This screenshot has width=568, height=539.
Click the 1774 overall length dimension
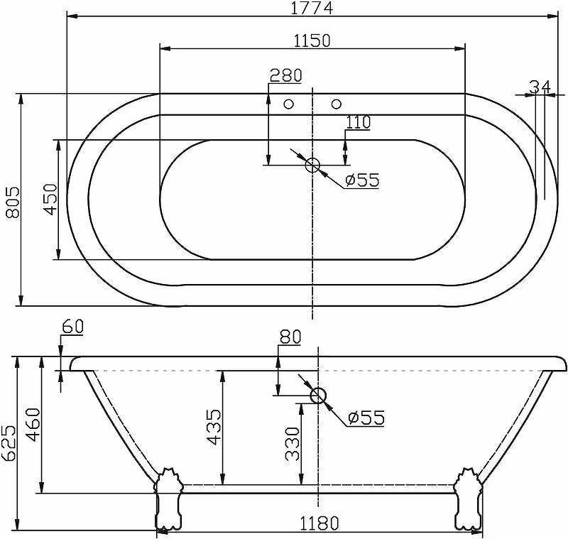click(312, 8)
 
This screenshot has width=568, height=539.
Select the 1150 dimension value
click(312, 40)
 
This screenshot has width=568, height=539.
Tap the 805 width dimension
click(13, 202)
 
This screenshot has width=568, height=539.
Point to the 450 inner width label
click(50, 200)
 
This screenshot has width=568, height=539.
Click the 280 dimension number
click(286, 75)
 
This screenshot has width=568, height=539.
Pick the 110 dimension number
click(359, 122)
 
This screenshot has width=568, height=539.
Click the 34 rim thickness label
click(540, 87)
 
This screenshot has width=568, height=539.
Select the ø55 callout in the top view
click(362, 180)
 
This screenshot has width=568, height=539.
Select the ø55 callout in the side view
click(366, 418)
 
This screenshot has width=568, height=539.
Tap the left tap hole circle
click(289, 104)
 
